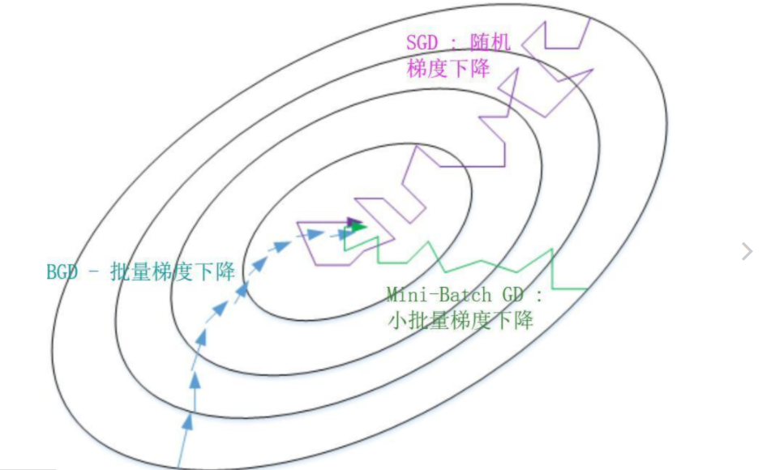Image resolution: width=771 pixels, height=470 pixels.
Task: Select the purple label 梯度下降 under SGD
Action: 448,68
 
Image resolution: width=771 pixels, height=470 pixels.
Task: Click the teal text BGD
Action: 62,271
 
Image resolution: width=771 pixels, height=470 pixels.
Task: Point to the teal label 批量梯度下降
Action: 173,271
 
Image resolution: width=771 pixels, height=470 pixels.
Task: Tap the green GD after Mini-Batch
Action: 508,295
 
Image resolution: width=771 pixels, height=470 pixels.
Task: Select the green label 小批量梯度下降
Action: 460,321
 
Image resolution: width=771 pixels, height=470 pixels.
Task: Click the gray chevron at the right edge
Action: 747,251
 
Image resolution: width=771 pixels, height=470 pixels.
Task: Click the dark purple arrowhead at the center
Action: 353,221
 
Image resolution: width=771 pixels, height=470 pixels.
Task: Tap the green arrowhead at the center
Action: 359,227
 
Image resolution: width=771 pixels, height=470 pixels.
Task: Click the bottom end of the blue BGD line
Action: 178,468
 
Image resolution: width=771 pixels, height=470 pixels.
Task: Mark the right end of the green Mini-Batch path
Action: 587,289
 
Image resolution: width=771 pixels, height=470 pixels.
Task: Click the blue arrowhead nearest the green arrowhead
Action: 337,234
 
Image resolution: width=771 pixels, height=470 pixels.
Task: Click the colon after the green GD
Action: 538,296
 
